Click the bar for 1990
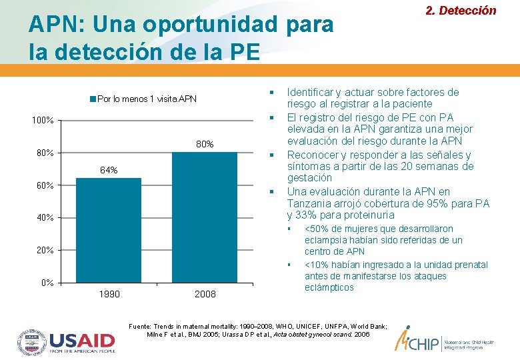click(109, 230)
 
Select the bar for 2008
click(205, 217)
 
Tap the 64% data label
click(109, 171)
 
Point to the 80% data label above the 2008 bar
click(205, 144)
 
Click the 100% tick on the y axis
click(43, 121)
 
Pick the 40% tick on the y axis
click(45, 218)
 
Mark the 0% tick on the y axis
click(47, 283)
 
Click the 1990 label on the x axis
click(109, 294)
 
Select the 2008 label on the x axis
click(205, 294)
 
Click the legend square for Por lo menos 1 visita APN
click(93, 99)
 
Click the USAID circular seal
click(31, 341)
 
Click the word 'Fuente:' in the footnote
click(142, 325)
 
